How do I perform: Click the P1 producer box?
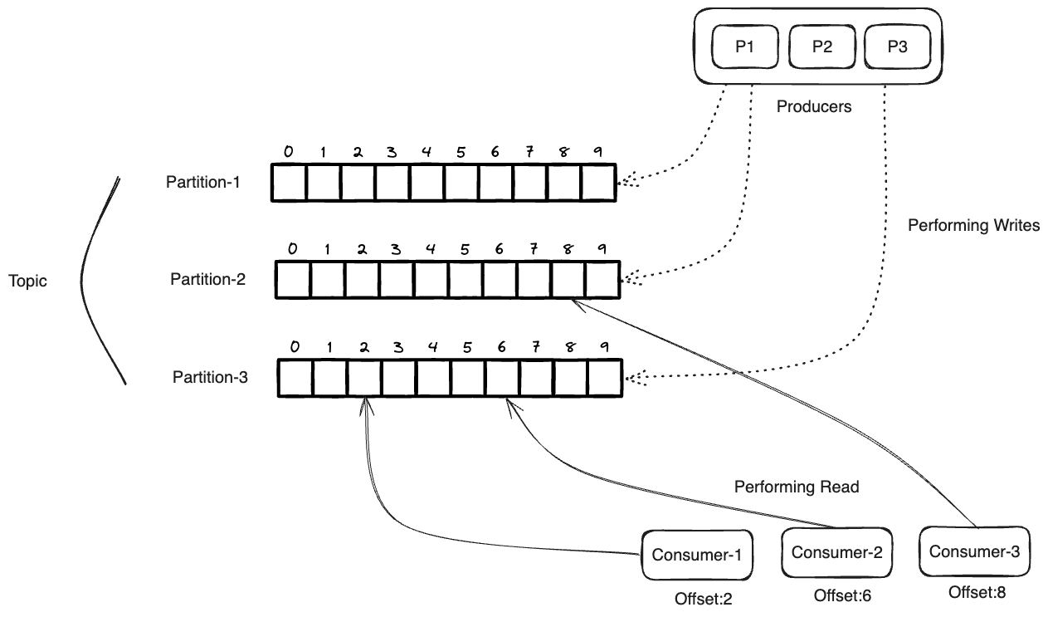[744, 47]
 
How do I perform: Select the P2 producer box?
[821, 47]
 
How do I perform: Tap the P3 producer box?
[898, 47]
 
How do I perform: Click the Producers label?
[813, 107]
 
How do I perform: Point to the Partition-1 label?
[203, 182]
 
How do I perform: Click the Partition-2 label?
[207, 279]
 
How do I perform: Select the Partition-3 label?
[210, 377]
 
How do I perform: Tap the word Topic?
[28, 281]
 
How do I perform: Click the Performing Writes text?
[973, 225]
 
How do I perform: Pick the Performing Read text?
[796, 487]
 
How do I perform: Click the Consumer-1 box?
[697, 555]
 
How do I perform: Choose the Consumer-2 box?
[836, 552]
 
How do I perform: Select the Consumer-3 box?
[974, 551]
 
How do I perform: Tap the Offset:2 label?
[704, 597]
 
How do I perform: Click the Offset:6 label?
[842, 595]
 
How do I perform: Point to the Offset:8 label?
[977, 593]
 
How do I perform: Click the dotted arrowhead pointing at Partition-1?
[626, 182]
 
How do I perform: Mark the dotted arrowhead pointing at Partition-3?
[633, 379]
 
